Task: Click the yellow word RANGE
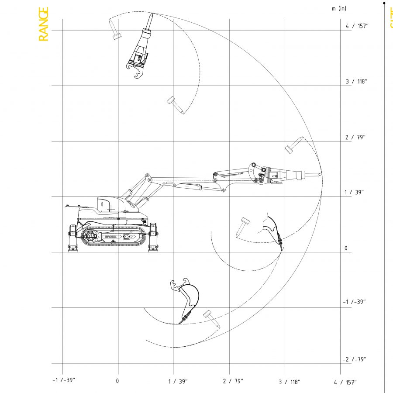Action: (43, 24)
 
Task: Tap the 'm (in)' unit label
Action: (339, 9)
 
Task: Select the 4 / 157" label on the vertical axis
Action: (357, 26)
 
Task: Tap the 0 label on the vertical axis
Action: (346, 248)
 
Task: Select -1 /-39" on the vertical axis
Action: (354, 302)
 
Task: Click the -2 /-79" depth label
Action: (354, 359)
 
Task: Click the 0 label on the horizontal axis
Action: (117, 381)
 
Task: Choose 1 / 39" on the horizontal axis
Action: (178, 382)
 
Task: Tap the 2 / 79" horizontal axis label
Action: (233, 382)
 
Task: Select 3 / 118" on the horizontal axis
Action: (289, 382)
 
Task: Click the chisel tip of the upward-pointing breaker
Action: (152, 14)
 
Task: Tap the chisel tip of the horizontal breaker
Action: (321, 175)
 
